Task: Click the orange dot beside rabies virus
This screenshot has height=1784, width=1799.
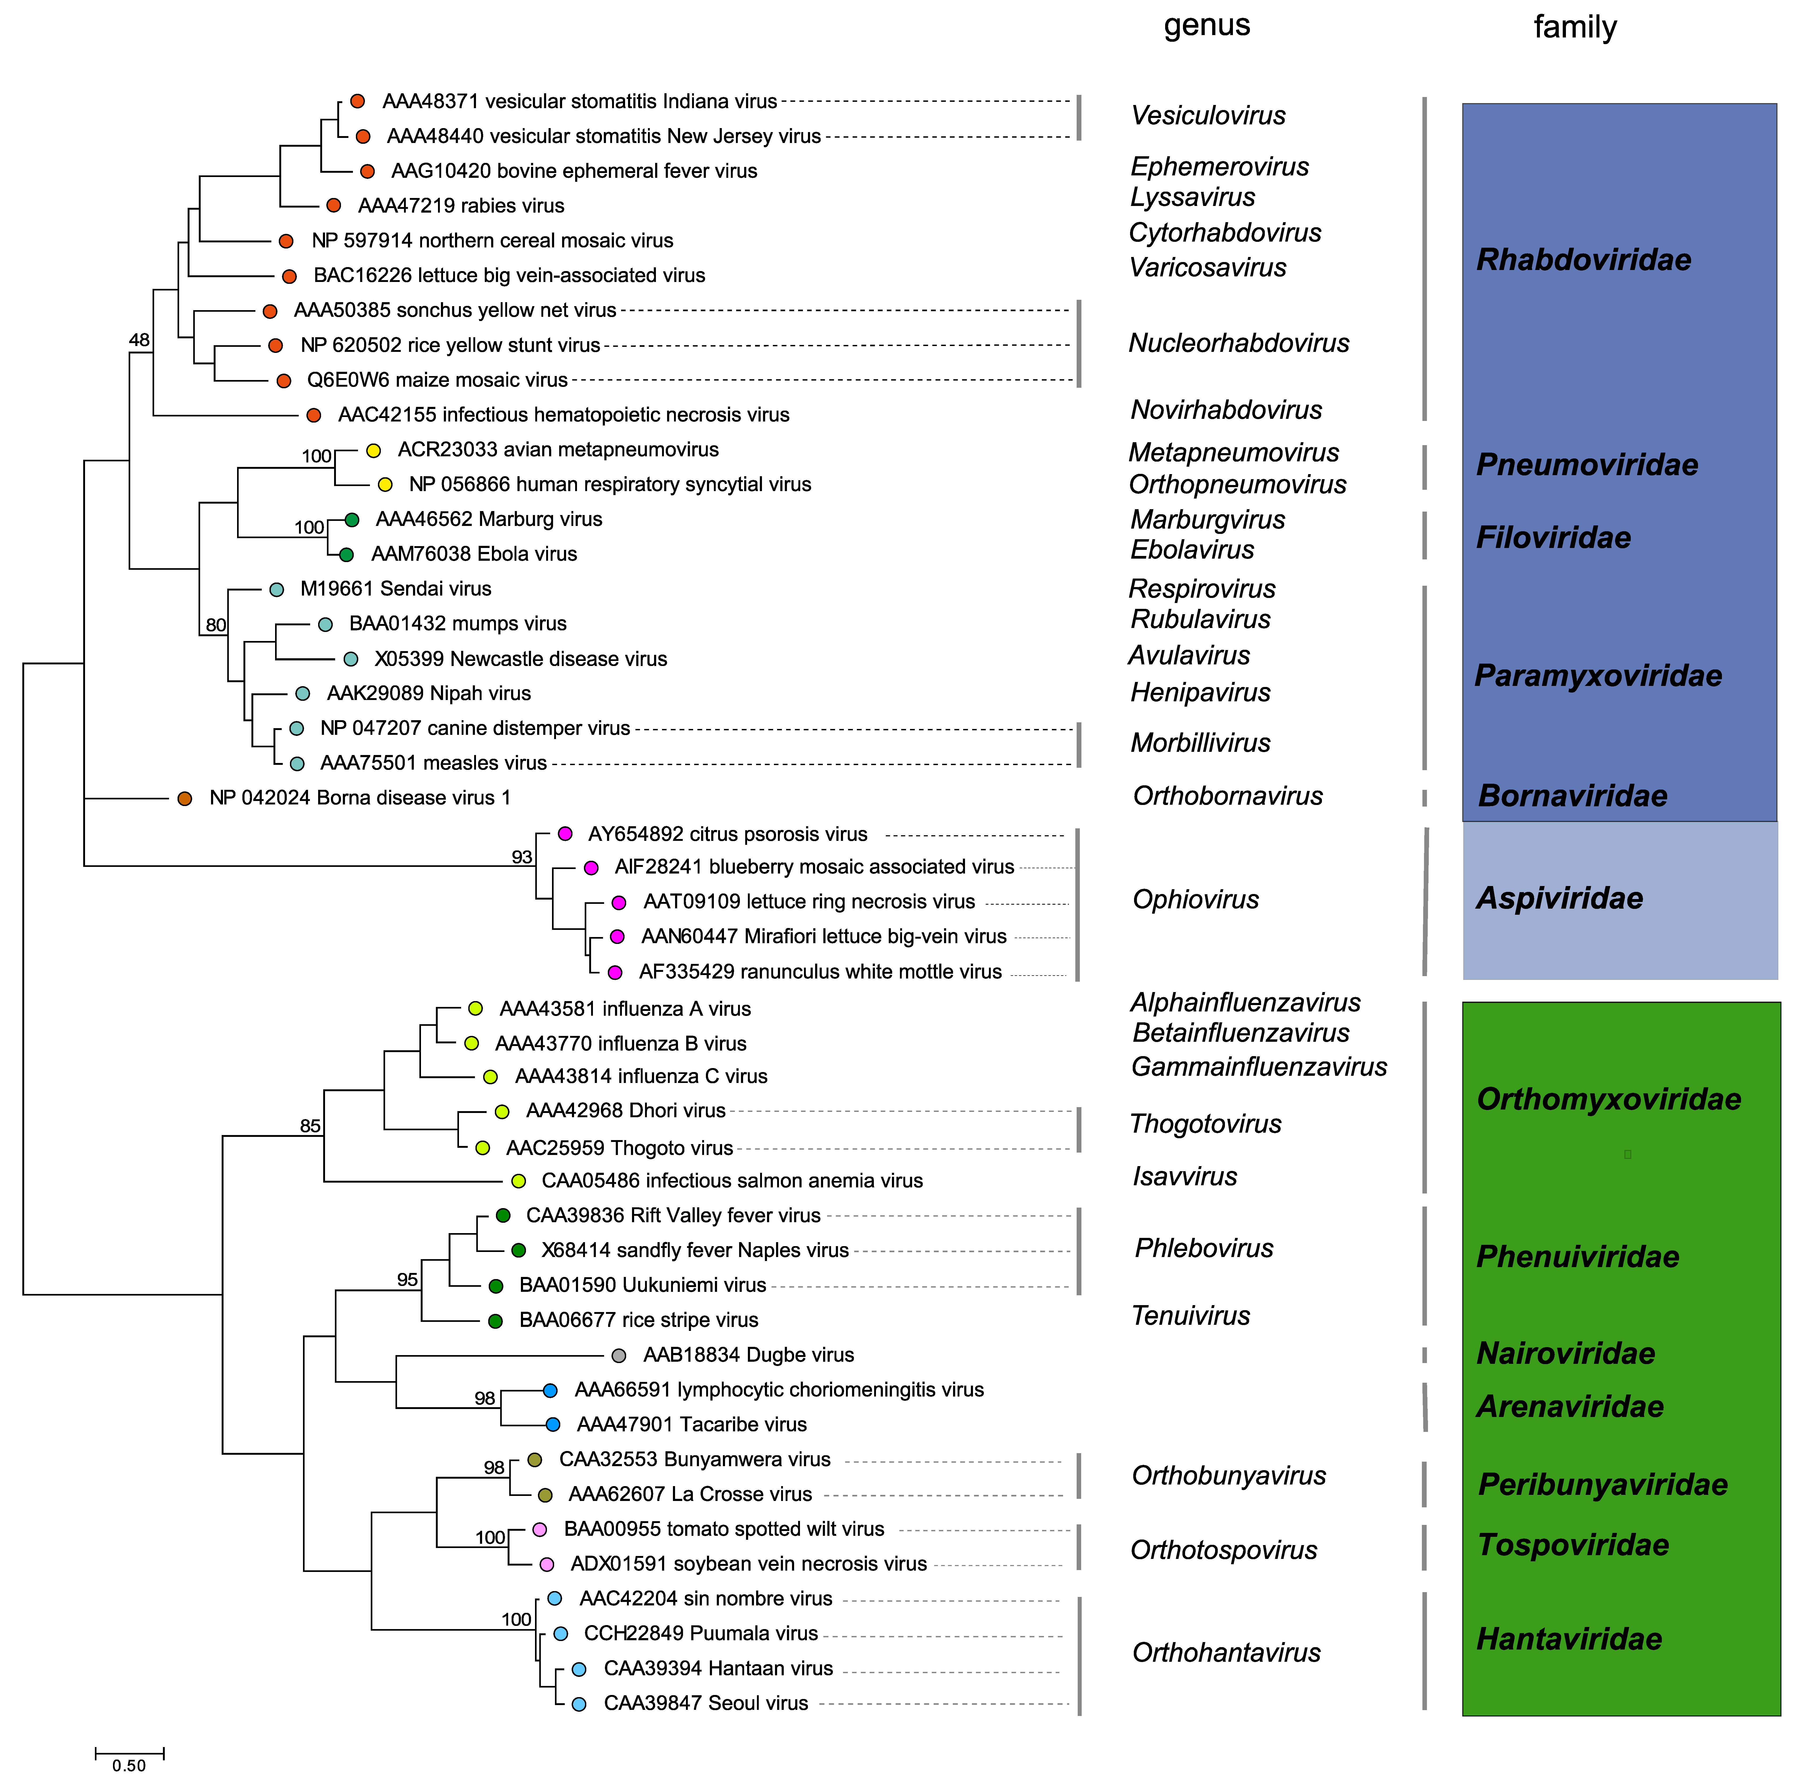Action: [x=333, y=206]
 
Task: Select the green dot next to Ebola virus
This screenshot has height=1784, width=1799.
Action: [x=346, y=555]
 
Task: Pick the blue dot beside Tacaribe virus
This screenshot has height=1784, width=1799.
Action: [x=552, y=1425]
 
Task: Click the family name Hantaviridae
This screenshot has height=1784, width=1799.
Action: [x=1569, y=1639]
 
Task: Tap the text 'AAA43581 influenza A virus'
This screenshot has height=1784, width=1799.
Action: [x=625, y=1009]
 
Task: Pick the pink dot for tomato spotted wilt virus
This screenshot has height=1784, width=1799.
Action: [x=539, y=1529]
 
